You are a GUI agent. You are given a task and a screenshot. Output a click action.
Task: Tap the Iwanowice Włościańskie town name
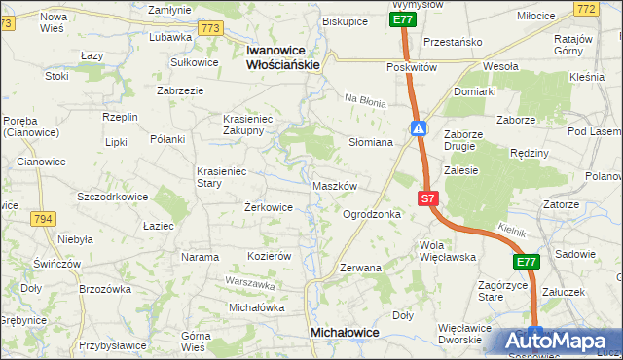(x=283, y=56)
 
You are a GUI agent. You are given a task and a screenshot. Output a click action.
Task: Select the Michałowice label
(x=344, y=333)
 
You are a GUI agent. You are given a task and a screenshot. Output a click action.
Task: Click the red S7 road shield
(x=428, y=198)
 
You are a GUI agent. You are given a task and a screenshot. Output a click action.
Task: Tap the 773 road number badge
(x=209, y=30)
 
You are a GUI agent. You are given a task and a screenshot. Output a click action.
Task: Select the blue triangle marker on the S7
(x=418, y=128)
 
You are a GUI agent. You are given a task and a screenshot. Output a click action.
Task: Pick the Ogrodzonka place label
(x=372, y=214)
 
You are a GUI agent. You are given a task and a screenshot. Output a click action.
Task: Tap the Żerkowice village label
(x=269, y=207)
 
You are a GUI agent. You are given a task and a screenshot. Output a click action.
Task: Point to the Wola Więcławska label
(x=446, y=251)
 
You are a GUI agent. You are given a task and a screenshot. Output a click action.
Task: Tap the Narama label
(x=200, y=257)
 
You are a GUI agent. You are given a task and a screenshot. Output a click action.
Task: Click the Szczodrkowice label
(x=112, y=197)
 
